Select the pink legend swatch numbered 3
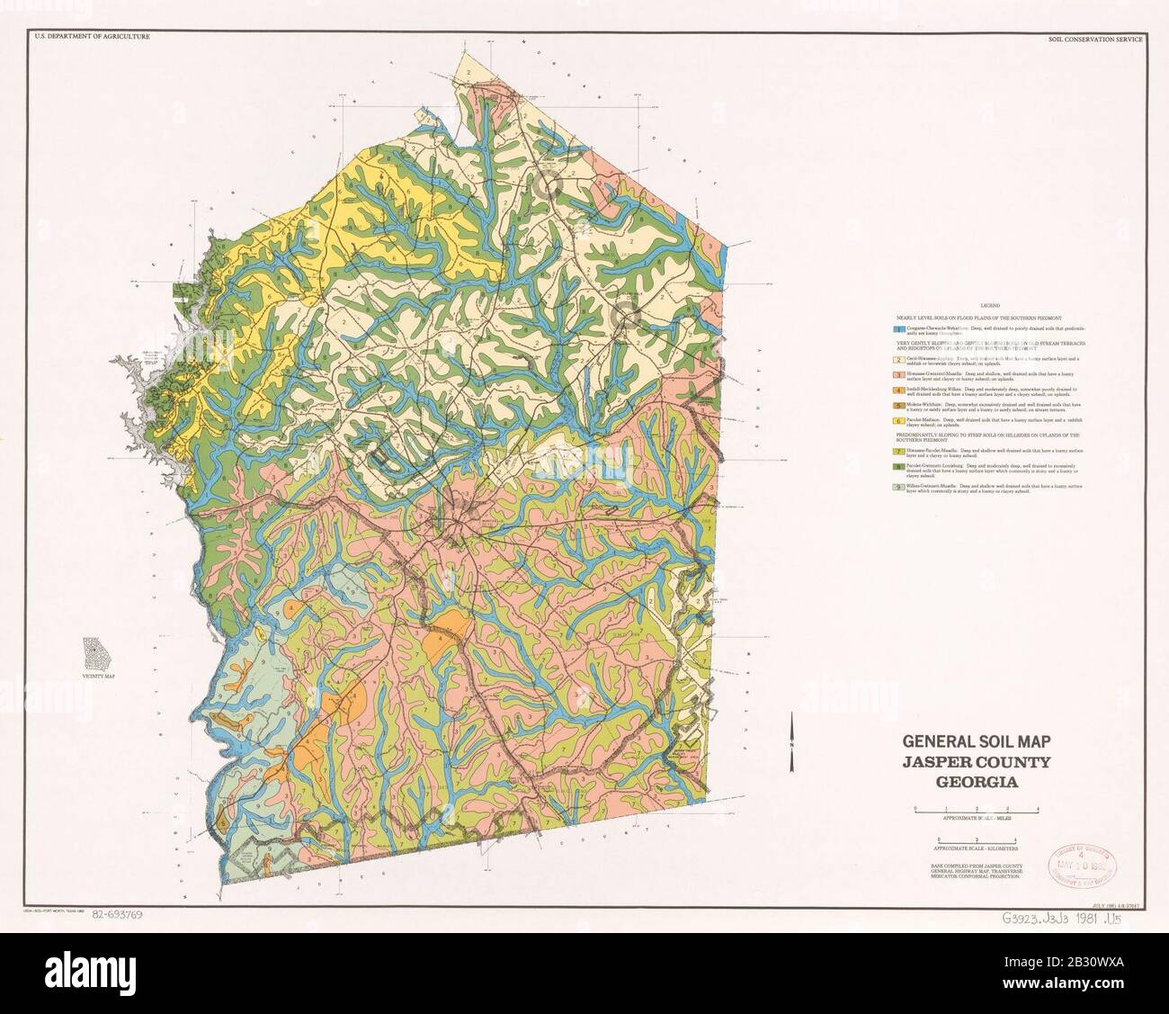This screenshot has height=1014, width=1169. (x=888, y=372)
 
